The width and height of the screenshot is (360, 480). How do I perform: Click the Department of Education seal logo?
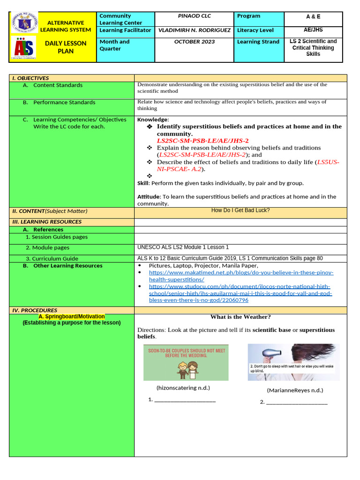[x=26, y=23]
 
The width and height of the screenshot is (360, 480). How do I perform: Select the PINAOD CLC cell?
[x=194, y=16]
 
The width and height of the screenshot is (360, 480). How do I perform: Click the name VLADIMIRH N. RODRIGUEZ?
[x=194, y=30]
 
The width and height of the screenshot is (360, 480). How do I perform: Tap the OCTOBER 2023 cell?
[x=194, y=42]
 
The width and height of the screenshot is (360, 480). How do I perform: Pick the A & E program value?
[x=313, y=16]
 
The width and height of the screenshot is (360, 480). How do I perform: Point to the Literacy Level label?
[x=255, y=30]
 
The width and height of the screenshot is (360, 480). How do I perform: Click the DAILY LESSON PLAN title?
[x=66, y=47]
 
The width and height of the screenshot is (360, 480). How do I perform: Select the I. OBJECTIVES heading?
[x=30, y=78]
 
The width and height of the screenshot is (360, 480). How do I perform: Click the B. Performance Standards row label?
[x=64, y=102]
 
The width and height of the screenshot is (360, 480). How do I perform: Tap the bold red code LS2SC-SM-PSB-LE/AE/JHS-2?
[x=202, y=141]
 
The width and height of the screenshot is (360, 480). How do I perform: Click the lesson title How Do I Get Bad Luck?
[x=240, y=210]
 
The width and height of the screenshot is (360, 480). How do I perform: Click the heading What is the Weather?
[x=240, y=317]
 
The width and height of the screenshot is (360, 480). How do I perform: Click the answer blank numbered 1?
[x=185, y=400]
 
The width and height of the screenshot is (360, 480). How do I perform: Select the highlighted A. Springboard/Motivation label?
[x=71, y=317]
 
